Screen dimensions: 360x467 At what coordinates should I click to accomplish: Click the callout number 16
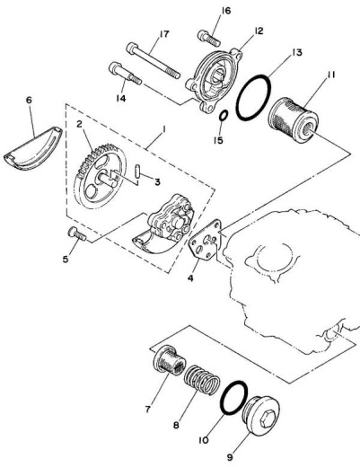click(x=226, y=11)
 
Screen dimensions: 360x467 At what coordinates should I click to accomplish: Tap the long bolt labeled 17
click(x=154, y=61)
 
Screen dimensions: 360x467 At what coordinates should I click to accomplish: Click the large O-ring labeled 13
click(x=253, y=98)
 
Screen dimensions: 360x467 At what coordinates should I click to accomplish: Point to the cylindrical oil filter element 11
click(x=293, y=119)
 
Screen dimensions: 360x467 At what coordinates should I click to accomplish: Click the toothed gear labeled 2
click(x=101, y=176)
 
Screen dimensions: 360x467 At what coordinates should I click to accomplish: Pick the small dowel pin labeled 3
click(x=137, y=172)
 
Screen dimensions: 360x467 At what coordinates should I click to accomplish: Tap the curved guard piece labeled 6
click(x=33, y=149)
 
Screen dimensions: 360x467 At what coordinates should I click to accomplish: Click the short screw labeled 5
click(x=77, y=233)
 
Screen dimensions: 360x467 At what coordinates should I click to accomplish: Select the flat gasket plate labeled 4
click(x=206, y=239)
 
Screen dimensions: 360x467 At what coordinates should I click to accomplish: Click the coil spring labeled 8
click(x=202, y=380)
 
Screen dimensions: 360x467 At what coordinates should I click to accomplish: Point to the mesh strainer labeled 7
click(x=170, y=360)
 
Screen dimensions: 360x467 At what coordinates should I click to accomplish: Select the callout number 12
click(x=259, y=31)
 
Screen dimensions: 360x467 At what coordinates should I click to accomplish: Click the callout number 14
click(x=121, y=98)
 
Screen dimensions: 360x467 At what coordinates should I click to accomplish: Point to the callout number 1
click(x=164, y=129)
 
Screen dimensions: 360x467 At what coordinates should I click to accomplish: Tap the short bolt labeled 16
click(x=209, y=38)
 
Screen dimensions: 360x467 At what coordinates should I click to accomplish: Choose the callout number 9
click(x=230, y=457)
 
